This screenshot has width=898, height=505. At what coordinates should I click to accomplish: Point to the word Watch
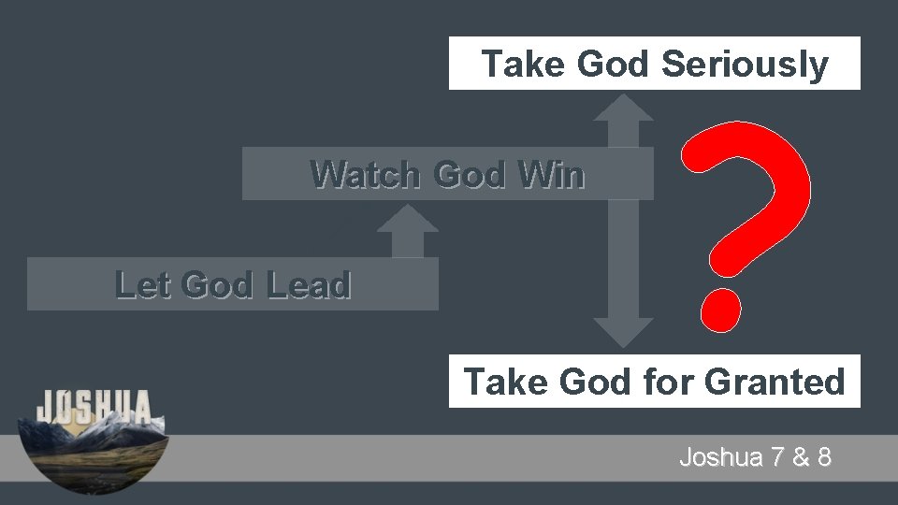[x=365, y=174]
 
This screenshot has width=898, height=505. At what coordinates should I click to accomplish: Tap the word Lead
[x=308, y=284]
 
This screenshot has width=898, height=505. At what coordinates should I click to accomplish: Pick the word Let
[x=145, y=284]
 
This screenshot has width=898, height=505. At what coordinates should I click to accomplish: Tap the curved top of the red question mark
[x=748, y=154]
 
